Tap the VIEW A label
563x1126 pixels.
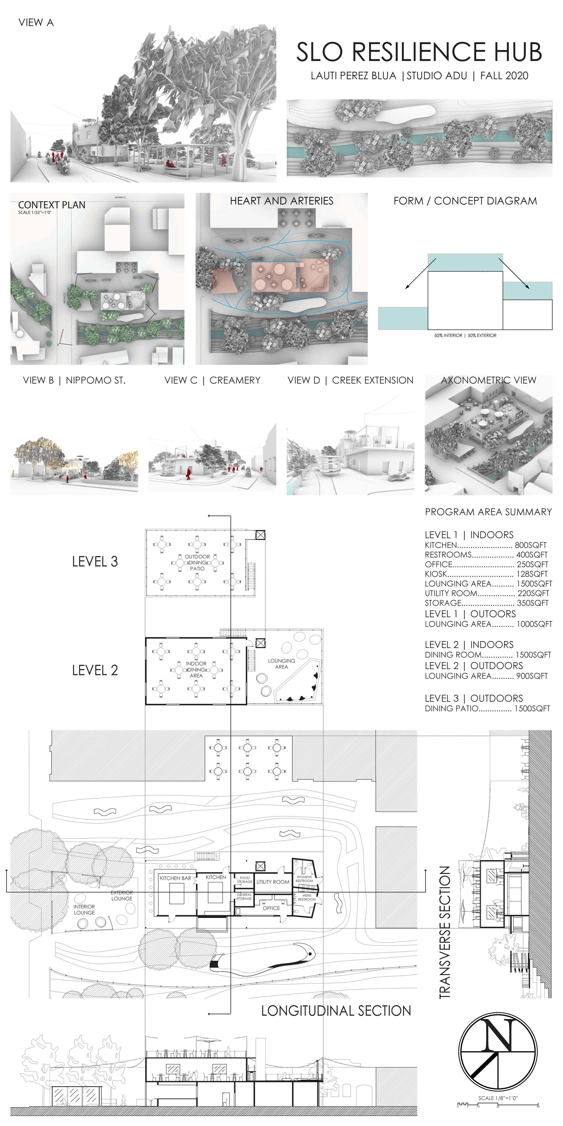[36, 23]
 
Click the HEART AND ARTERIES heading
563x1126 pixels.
[281, 201]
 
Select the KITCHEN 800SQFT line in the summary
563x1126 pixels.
[486, 545]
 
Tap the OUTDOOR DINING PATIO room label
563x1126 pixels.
[197, 563]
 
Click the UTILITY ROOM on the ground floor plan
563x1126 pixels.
[273, 882]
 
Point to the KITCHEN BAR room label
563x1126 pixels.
[175, 878]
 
